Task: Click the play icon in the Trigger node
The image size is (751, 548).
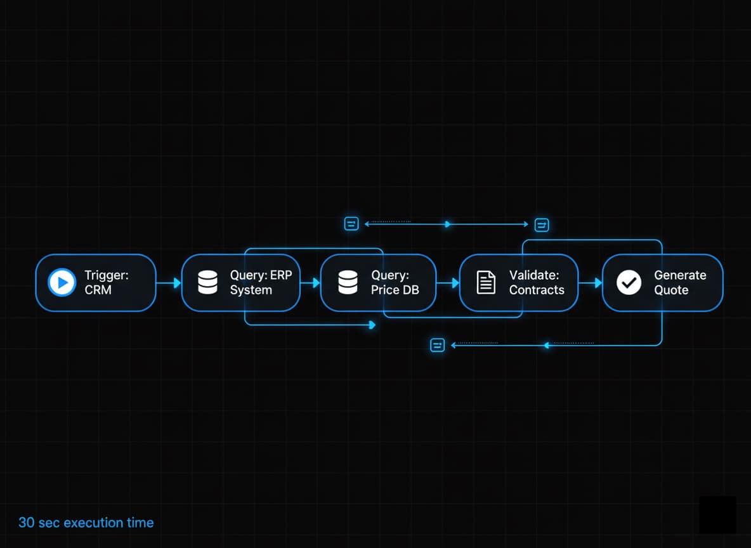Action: pyautogui.click(x=62, y=283)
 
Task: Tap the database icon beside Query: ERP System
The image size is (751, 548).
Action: pyautogui.click(x=207, y=283)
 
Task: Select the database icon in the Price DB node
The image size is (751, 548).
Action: pyautogui.click(x=348, y=283)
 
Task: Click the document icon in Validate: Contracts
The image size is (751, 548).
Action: pyautogui.click(x=486, y=283)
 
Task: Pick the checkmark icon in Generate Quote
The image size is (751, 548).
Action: pyautogui.click(x=629, y=283)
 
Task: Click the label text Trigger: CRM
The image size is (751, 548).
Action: pyautogui.click(x=106, y=283)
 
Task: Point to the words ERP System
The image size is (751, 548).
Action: pyautogui.click(x=251, y=290)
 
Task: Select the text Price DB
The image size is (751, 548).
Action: pyautogui.click(x=395, y=290)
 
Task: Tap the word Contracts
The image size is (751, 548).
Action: pyautogui.click(x=536, y=290)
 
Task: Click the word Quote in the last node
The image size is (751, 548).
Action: pyautogui.click(x=670, y=290)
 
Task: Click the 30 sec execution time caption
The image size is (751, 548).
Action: pyautogui.click(x=86, y=523)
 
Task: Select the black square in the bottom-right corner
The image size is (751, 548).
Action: pyautogui.click(x=717, y=514)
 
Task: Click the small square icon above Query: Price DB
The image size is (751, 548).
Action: pyautogui.click(x=351, y=223)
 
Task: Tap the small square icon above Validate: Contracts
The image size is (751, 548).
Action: pyautogui.click(x=542, y=225)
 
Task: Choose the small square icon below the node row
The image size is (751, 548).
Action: pyautogui.click(x=438, y=345)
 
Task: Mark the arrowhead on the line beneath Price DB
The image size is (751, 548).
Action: pyautogui.click(x=372, y=325)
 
